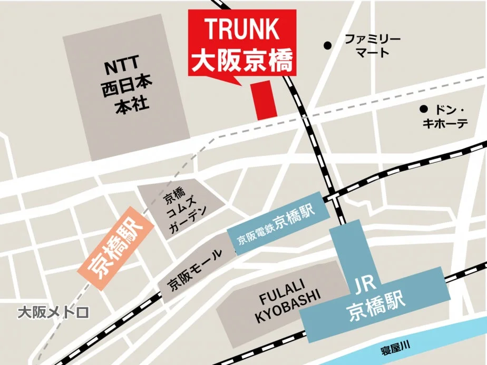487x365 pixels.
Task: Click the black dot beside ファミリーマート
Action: [328, 46]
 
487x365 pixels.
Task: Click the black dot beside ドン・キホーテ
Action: [423, 110]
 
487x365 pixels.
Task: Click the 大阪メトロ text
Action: [53, 313]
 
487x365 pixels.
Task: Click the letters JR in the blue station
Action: [364, 286]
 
